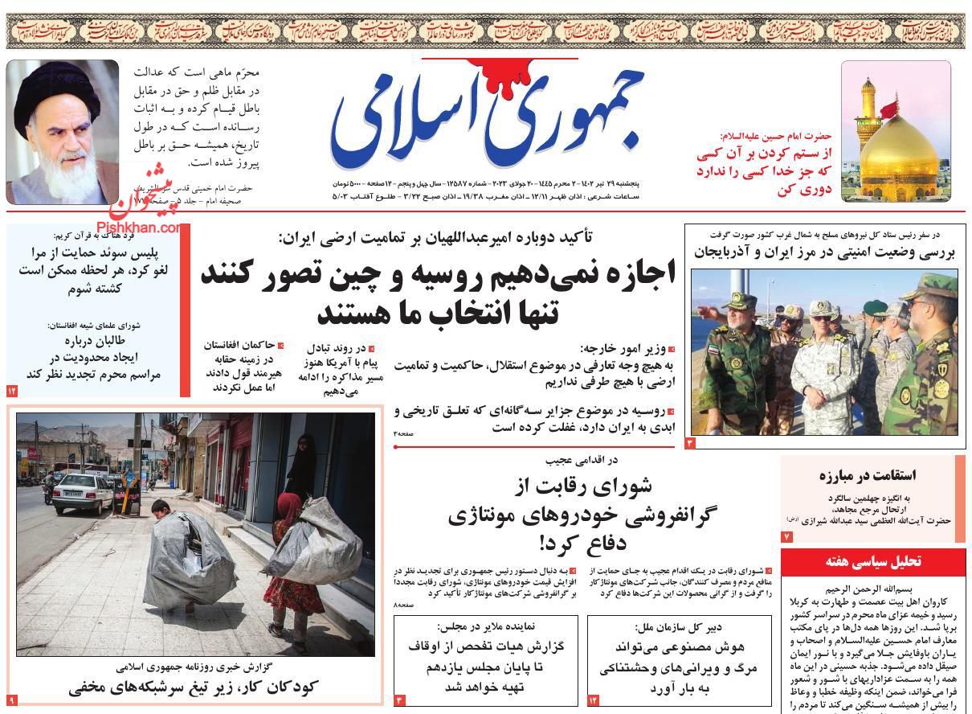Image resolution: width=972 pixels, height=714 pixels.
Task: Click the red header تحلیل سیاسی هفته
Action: click(873, 561)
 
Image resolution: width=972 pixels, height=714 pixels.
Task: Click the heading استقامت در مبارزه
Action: click(868, 474)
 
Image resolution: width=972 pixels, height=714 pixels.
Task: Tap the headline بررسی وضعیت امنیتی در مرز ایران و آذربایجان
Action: click(825, 252)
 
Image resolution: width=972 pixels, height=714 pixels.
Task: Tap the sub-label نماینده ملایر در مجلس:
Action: click(485, 626)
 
